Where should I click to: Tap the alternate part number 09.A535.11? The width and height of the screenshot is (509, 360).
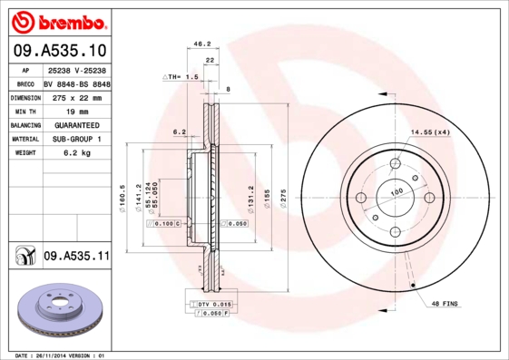pyautogui.click(x=75, y=258)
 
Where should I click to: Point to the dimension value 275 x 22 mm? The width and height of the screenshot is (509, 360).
pyautogui.click(x=76, y=97)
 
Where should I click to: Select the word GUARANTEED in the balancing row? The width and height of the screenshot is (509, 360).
pyautogui.click(x=76, y=125)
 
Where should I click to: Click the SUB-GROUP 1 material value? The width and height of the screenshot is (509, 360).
pyautogui.click(x=76, y=139)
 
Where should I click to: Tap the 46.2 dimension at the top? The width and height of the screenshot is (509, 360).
pyautogui.click(x=203, y=43)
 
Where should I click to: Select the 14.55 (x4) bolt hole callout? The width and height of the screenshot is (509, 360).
pyautogui.click(x=430, y=133)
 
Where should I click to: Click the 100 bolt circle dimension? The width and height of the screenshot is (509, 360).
pyautogui.click(x=396, y=193)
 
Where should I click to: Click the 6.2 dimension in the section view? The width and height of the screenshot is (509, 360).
pyautogui.click(x=179, y=132)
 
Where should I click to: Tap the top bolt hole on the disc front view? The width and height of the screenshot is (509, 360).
pyautogui.click(x=396, y=164)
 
